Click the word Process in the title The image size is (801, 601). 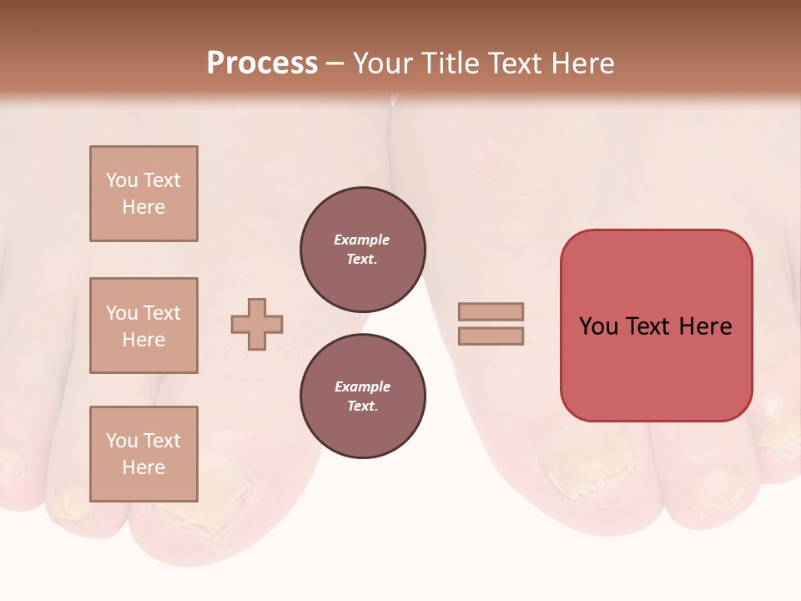pyautogui.click(x=262, y=63)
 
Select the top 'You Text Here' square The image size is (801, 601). pyautogui.click(x=144, y=194)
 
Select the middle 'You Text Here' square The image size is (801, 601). pyautogui.click(x=144, y=326)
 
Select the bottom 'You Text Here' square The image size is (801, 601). pyautogui.click(x=144, y=453)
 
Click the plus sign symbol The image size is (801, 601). pyautogui.click(x=257, y=325)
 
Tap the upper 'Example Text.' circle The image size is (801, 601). pyautogui.click(x=363, y=250)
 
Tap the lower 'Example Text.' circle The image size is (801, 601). pyautogui.click(x=363, y=396)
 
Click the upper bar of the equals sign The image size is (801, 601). pyautogui.click(x=491, y=312)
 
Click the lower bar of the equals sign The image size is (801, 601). pyautogui.click(x=491, y=336)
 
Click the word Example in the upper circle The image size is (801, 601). pyautogui.click(x=361, y=240)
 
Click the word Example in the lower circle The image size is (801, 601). pyautogui.click(x=361, y=386)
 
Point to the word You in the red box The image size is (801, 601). pyautogui.click(x=599, y=326)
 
